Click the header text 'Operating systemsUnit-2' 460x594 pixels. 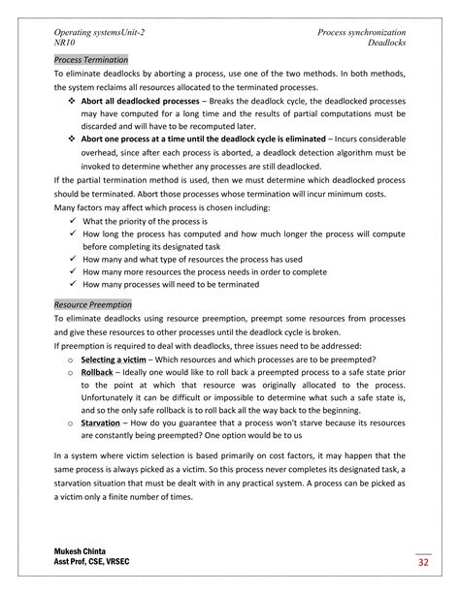tap(101, 33)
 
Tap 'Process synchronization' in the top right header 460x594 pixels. tap(361, 33)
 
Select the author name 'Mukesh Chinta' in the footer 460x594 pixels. tap(85, 551)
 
